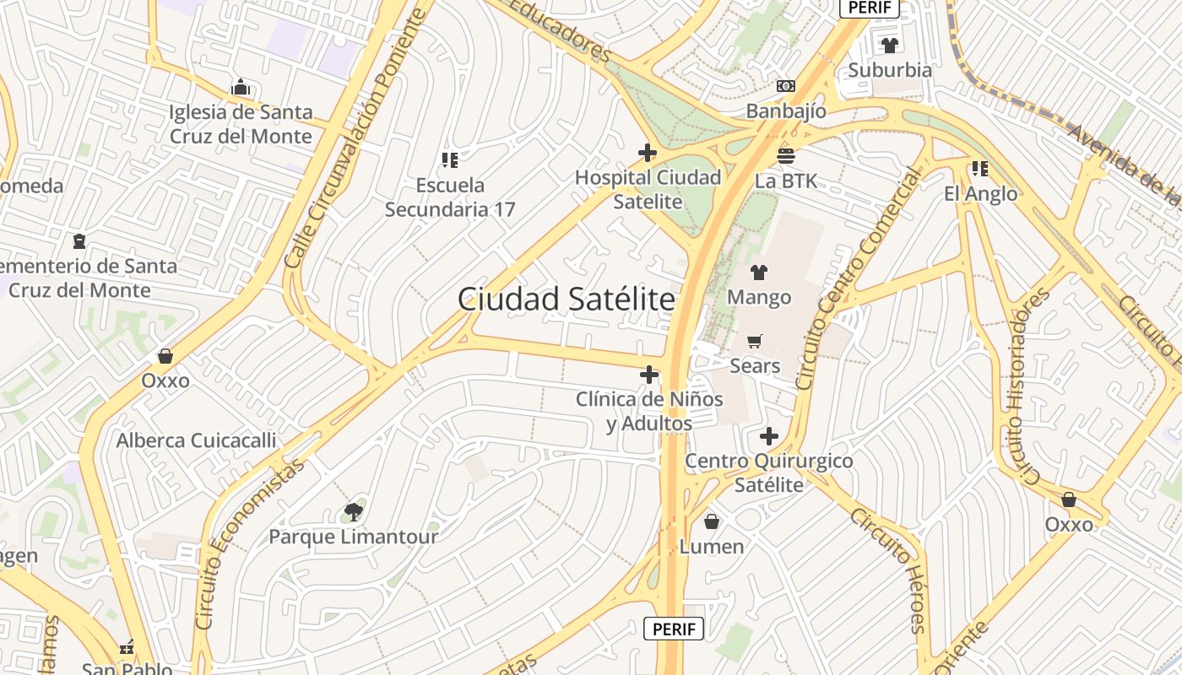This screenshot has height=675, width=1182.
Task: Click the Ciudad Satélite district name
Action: [567, 300]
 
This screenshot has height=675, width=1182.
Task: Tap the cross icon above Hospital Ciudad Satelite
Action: [648, 153]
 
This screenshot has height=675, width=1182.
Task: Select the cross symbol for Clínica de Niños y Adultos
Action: [649, 375]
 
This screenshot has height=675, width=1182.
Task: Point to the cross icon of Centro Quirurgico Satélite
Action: [768, 436]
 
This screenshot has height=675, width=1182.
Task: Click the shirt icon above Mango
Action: [759, 273]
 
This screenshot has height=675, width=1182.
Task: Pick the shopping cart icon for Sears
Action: [755, 341]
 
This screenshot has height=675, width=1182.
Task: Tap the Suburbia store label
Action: [890, 70]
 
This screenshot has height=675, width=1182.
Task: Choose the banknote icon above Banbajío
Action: [786, 86]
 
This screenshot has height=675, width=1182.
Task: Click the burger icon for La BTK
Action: [786, 155]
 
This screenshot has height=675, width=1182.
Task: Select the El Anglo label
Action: [980, 194]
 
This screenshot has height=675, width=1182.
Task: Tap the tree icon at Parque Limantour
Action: [354, 511]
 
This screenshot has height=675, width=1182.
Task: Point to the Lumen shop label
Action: [712, 547]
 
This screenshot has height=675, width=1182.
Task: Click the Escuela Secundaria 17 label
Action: [450, 197]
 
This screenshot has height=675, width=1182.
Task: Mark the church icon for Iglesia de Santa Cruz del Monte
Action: [241, 87]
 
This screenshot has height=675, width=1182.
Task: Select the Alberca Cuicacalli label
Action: [196, 440]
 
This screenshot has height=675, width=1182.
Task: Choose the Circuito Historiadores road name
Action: [1027, 386]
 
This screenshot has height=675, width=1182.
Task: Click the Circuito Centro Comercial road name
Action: [859, 278]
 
